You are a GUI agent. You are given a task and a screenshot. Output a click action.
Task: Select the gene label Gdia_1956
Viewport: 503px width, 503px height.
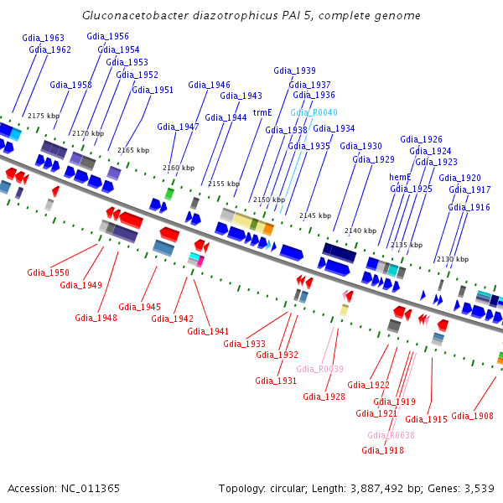click(107, 36)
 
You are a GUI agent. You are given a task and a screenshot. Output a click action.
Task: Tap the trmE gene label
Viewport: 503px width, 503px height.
click(262, 111)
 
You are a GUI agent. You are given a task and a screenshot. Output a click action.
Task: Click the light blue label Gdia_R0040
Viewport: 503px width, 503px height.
click(314, 111)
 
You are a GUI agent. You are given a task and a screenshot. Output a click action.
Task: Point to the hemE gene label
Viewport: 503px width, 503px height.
click(400, 177)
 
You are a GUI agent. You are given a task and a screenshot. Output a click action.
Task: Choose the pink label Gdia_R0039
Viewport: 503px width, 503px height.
click(319, 369)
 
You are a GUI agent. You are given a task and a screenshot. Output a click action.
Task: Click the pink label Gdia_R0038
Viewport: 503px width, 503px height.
click(391, 435)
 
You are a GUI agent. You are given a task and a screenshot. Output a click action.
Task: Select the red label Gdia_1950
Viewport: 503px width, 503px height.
click(48, 272)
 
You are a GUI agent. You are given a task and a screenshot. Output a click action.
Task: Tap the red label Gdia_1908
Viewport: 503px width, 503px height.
click(472, 415)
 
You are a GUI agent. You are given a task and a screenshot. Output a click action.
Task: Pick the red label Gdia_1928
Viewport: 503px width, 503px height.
click(324, 397)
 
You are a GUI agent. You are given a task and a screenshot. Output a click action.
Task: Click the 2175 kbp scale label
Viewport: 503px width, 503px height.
click(44, 116)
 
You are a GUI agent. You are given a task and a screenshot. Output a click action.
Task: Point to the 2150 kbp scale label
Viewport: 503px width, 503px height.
click(269, 200)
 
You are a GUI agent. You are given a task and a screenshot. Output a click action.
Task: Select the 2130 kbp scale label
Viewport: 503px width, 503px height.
click(452, 259)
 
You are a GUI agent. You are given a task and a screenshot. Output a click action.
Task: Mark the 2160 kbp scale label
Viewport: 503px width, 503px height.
click(178, 167)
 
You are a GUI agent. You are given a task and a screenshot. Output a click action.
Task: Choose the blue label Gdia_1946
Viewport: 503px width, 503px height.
click(209, 85)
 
